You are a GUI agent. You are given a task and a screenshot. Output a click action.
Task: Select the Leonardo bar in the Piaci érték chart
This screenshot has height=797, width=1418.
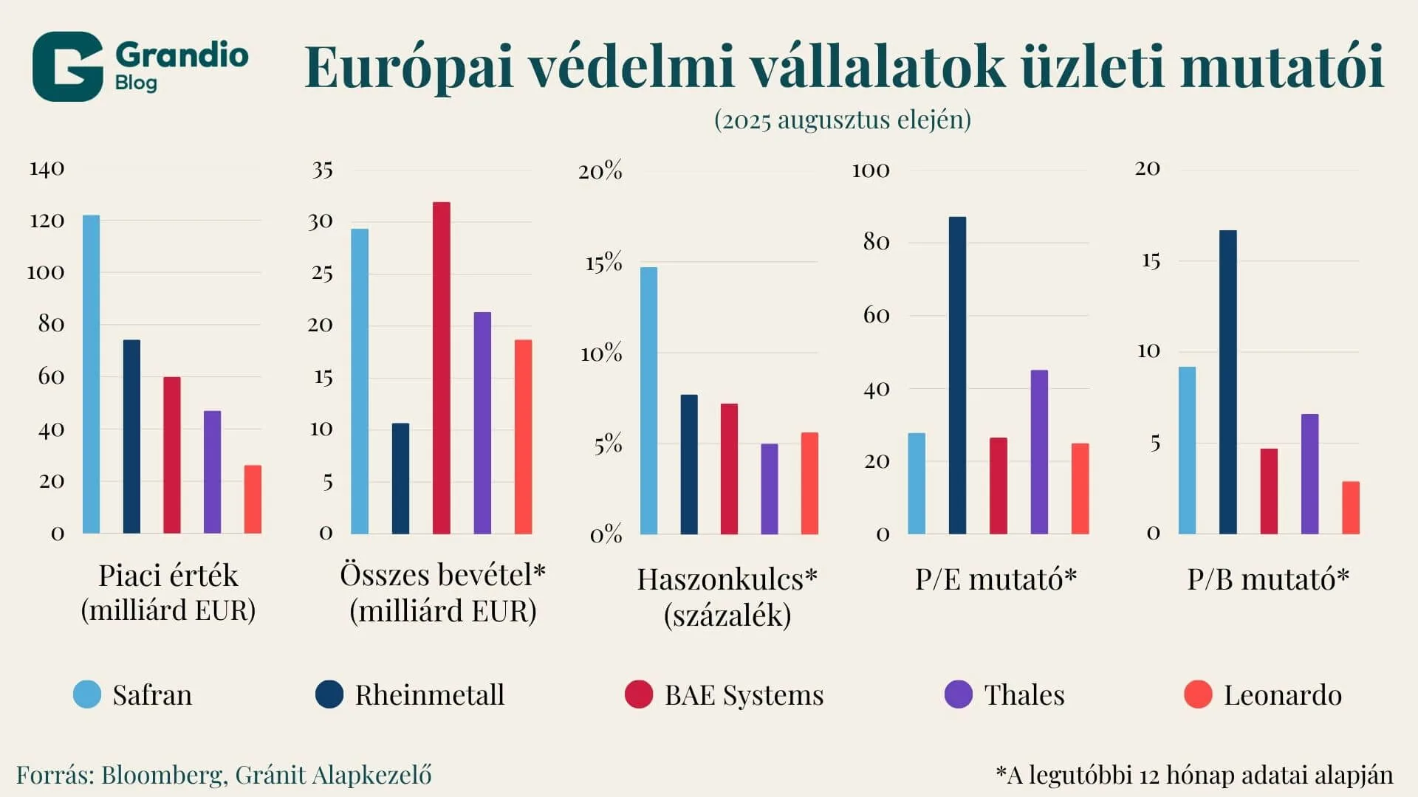point(253,500)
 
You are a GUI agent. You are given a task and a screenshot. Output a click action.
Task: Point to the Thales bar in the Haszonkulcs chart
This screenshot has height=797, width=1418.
point(769,489)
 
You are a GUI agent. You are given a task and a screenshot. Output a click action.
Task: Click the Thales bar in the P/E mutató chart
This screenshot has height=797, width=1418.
point(1038,452)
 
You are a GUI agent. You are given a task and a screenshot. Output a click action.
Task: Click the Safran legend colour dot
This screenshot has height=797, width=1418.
point(87,694)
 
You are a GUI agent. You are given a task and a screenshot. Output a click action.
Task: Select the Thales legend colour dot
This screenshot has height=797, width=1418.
point(958,694)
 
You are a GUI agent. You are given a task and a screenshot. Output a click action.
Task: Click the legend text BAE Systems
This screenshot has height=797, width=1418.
point(744,695)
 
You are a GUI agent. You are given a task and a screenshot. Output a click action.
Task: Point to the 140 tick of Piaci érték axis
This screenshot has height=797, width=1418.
point(47,169)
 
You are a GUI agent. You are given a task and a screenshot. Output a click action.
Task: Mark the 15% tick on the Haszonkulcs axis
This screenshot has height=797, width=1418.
point(603,263)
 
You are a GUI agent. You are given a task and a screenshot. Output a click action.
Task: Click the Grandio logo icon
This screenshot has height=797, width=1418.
point(67,66)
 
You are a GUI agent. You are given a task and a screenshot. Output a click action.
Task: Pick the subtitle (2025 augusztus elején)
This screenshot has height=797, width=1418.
point(842,120)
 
